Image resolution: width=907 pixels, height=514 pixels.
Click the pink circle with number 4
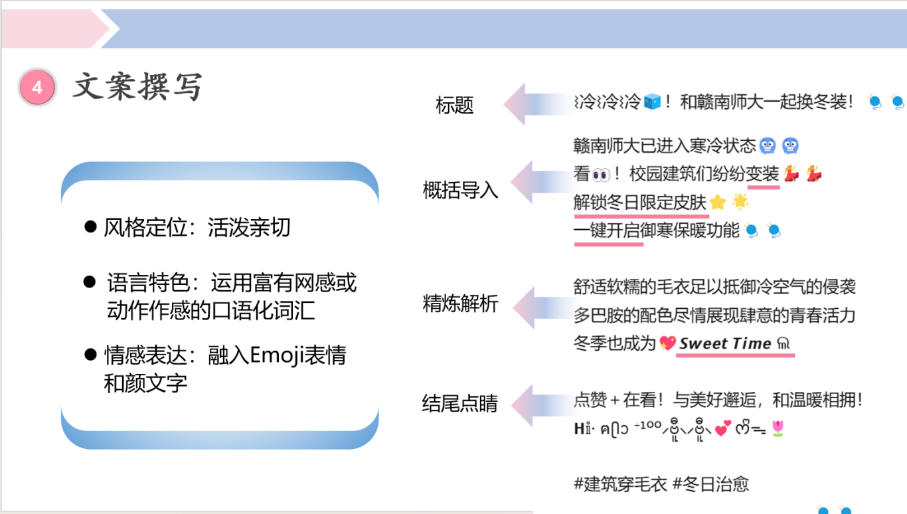(37, 87)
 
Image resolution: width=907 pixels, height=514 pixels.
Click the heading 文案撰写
(137, 87)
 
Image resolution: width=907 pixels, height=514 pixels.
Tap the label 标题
(454, 106)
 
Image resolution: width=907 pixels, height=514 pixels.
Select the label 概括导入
(460, 189)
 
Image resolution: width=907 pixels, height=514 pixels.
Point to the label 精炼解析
(460, 303)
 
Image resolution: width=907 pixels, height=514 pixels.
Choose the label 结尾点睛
(460, 403)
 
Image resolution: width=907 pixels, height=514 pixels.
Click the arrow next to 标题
(538, 104)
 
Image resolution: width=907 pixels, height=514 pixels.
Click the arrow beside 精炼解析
(546, 307)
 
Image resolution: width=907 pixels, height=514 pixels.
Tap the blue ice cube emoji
(652, 101)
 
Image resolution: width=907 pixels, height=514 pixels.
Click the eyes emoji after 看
(601, 175)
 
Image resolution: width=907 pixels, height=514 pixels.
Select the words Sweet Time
(725, 343)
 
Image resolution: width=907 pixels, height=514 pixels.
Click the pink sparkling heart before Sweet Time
(667, 343)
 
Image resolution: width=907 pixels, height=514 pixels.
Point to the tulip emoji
(778, 428)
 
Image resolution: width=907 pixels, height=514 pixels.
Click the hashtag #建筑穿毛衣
(620, 484)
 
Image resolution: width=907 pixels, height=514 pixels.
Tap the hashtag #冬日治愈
(710, 484)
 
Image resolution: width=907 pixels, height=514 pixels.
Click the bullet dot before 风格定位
(90, 227)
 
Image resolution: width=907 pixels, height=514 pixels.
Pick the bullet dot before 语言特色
(90, 282)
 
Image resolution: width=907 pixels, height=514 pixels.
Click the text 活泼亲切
(249, 227)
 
